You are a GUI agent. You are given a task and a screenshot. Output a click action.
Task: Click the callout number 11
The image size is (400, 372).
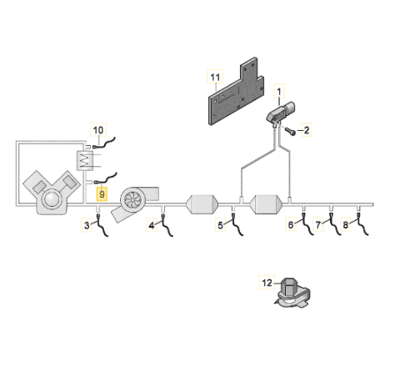(x=215, y=77)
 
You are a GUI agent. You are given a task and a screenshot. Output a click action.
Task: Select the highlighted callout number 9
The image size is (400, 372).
(x=102, y=194)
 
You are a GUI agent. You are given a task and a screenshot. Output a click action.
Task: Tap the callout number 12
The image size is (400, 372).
(x=267, y=283)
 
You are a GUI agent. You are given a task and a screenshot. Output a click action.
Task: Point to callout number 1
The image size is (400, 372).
(x=279, y=91)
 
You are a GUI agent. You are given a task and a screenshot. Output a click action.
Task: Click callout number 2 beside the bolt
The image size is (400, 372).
(x=307, y=130)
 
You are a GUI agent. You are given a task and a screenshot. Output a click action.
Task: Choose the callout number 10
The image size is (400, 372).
(x=98, y=130)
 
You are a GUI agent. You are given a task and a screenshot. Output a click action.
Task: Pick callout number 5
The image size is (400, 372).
(x=220, y=225)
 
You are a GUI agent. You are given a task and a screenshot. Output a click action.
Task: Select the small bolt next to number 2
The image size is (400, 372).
(x=290, y=132)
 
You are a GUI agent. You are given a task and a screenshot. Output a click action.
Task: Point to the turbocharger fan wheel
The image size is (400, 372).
(x=133, y=199)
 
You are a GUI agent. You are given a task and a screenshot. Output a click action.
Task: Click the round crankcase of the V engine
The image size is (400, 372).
(x=52, y=199)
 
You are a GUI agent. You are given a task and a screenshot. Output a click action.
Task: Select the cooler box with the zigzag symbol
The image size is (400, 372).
(x=85, y=160)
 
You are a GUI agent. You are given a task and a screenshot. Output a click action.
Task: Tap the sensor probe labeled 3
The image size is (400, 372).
(x=102, y=224)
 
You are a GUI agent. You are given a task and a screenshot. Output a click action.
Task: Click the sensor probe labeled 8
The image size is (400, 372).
(x=362, y=224)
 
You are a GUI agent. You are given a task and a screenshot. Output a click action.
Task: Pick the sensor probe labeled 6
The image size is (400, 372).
(x=307, y=224)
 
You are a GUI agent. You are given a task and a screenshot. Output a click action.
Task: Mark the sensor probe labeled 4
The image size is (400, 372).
(x=167, y=224)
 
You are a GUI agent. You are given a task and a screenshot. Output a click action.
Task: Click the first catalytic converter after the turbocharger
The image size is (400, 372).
(x=202, y=204)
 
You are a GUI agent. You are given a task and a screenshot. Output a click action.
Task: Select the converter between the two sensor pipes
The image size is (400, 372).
(x=267, y=204)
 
